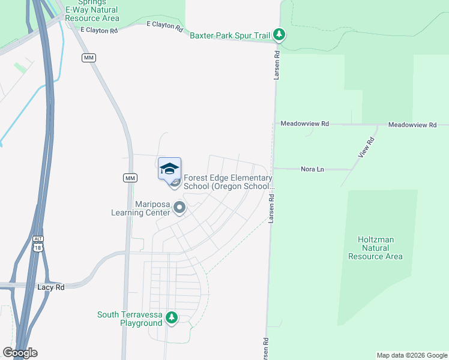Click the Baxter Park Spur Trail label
coord(229,36)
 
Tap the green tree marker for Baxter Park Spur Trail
coord(279,35)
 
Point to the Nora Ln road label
coord(312,170)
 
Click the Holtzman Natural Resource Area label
coord(375,248)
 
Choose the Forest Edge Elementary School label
coord(228,182)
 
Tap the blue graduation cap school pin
coord(170,169)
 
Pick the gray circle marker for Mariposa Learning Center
coord(179,208)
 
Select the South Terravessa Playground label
coord(130,319)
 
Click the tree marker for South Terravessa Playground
coord(172,317)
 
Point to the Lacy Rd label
coord(51,287)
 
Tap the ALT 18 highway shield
coord(38,243)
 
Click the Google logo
coord(20,353)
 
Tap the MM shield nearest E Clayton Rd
coord(89,58)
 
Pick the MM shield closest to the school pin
coord(130,178)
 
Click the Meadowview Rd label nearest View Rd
coord(412,124)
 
